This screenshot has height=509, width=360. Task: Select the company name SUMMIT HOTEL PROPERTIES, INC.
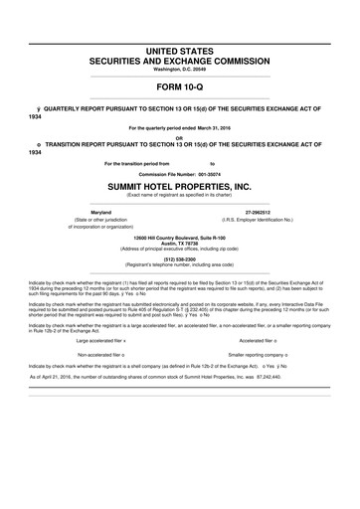click(x=179, y=186)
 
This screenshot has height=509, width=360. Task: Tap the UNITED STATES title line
click(x=179, y=50)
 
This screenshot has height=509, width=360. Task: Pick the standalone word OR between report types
click(x=179, y=137)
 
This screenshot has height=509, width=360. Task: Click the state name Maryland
click(x=100, y=213)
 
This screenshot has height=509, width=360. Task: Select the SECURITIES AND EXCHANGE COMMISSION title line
click(x=179, y=60)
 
